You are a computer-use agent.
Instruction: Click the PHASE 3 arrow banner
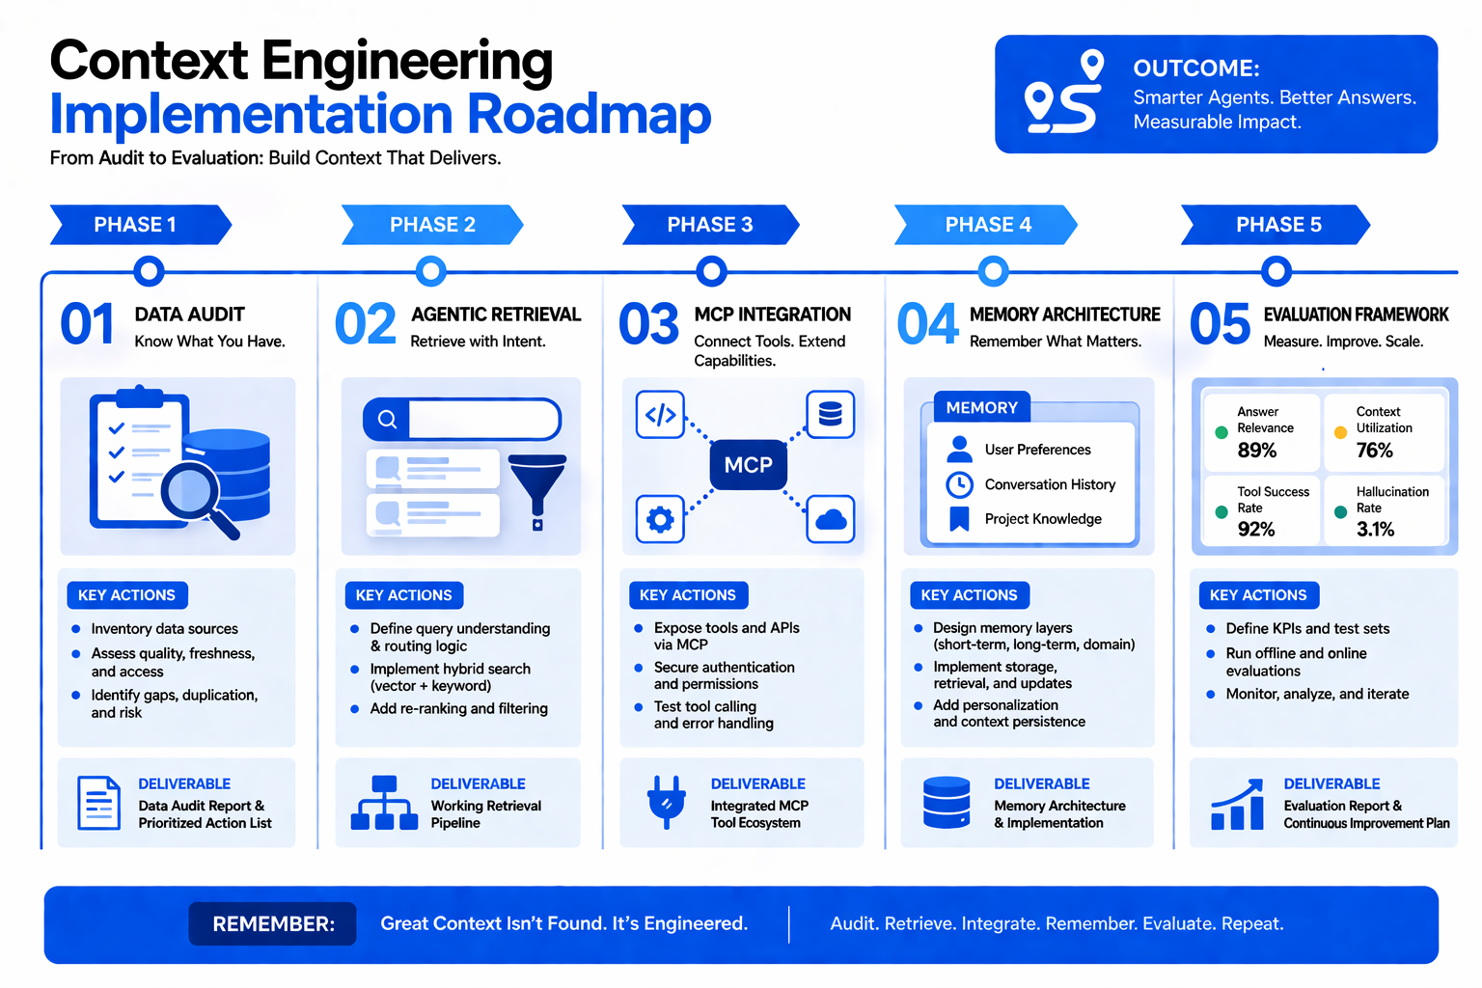(710, 225)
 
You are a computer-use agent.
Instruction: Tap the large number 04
(927, 324)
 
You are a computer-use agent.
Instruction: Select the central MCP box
(749, 465)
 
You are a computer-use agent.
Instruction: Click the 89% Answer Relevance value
(1256, 451)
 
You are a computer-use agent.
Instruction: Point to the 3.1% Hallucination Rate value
(1375, 530)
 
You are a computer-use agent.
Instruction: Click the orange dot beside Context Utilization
(1340, 433)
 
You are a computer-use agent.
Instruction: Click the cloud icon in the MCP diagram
(831, 520)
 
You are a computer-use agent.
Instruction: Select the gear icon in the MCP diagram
(660, 520)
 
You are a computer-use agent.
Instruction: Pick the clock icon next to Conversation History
(959, 484)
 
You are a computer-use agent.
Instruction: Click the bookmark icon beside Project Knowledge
(959, 519)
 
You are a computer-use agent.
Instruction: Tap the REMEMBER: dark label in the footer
(273, 924)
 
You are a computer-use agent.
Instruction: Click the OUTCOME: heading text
(1196, 69)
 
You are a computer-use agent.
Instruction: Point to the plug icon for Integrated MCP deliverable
(667, 803)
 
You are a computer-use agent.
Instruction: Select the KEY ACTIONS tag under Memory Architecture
(969, 595)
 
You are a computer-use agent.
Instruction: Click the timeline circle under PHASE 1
(149, 271)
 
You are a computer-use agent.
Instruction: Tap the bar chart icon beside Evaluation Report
(1238, 806)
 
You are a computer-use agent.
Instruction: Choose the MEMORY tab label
(981, 408)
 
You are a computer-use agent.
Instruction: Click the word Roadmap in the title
(590, 114)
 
